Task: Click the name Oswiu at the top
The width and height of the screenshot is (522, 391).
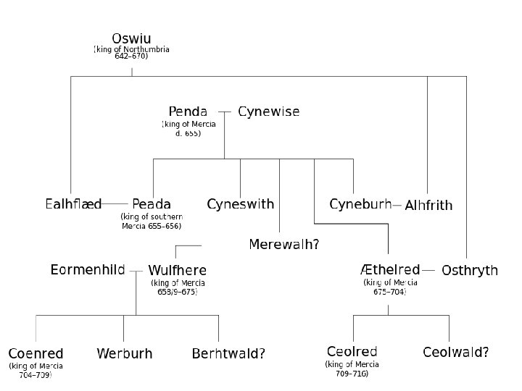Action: (x=131, y=38)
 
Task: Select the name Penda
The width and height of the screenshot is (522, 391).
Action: (x=188, y=112)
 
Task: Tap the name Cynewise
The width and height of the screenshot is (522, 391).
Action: (x=268, y=112)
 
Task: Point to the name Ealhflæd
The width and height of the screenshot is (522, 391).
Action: (x=73, y=204)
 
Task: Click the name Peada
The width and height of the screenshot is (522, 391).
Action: (x=152, y=204)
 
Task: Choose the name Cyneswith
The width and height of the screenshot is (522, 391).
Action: (x=241, y=204)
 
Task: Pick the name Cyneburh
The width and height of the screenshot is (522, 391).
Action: (x=360, y=204)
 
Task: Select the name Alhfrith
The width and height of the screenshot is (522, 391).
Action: (x=428, y=206)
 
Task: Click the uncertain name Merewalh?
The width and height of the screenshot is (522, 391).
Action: (x=284, y=244)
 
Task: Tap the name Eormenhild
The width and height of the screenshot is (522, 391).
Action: (x=88, y=270)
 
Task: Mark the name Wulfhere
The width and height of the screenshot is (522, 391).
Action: (x=177, y=271)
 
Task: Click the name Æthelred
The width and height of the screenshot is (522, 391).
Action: (x=390, y=270)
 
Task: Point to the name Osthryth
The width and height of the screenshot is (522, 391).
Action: (x=470, y=271)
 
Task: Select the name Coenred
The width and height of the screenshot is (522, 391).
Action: (x=36, y=354)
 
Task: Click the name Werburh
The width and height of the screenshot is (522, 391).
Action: (x=125, y=354)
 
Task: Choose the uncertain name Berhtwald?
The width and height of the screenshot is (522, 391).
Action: (x=228, y=354)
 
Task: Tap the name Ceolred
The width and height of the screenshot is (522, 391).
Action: (x=352, y=352)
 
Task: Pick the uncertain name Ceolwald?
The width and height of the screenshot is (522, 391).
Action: (x=455, y=353)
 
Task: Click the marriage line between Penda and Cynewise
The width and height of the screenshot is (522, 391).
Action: (x=224, y=112)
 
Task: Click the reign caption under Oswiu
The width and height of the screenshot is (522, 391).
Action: (x=131, y=53)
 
